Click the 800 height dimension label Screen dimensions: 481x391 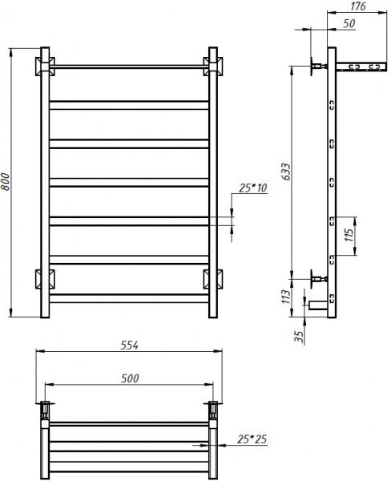point(7,183)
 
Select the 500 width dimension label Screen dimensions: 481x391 point(130,378)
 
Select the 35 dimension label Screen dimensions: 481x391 point(299,335)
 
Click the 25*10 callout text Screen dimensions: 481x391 point(253,190)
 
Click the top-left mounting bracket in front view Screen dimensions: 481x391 point(45,64)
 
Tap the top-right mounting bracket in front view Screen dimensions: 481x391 point(213,64)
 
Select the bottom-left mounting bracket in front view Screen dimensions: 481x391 point(45,279)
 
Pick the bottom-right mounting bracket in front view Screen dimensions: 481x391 point(213,279)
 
